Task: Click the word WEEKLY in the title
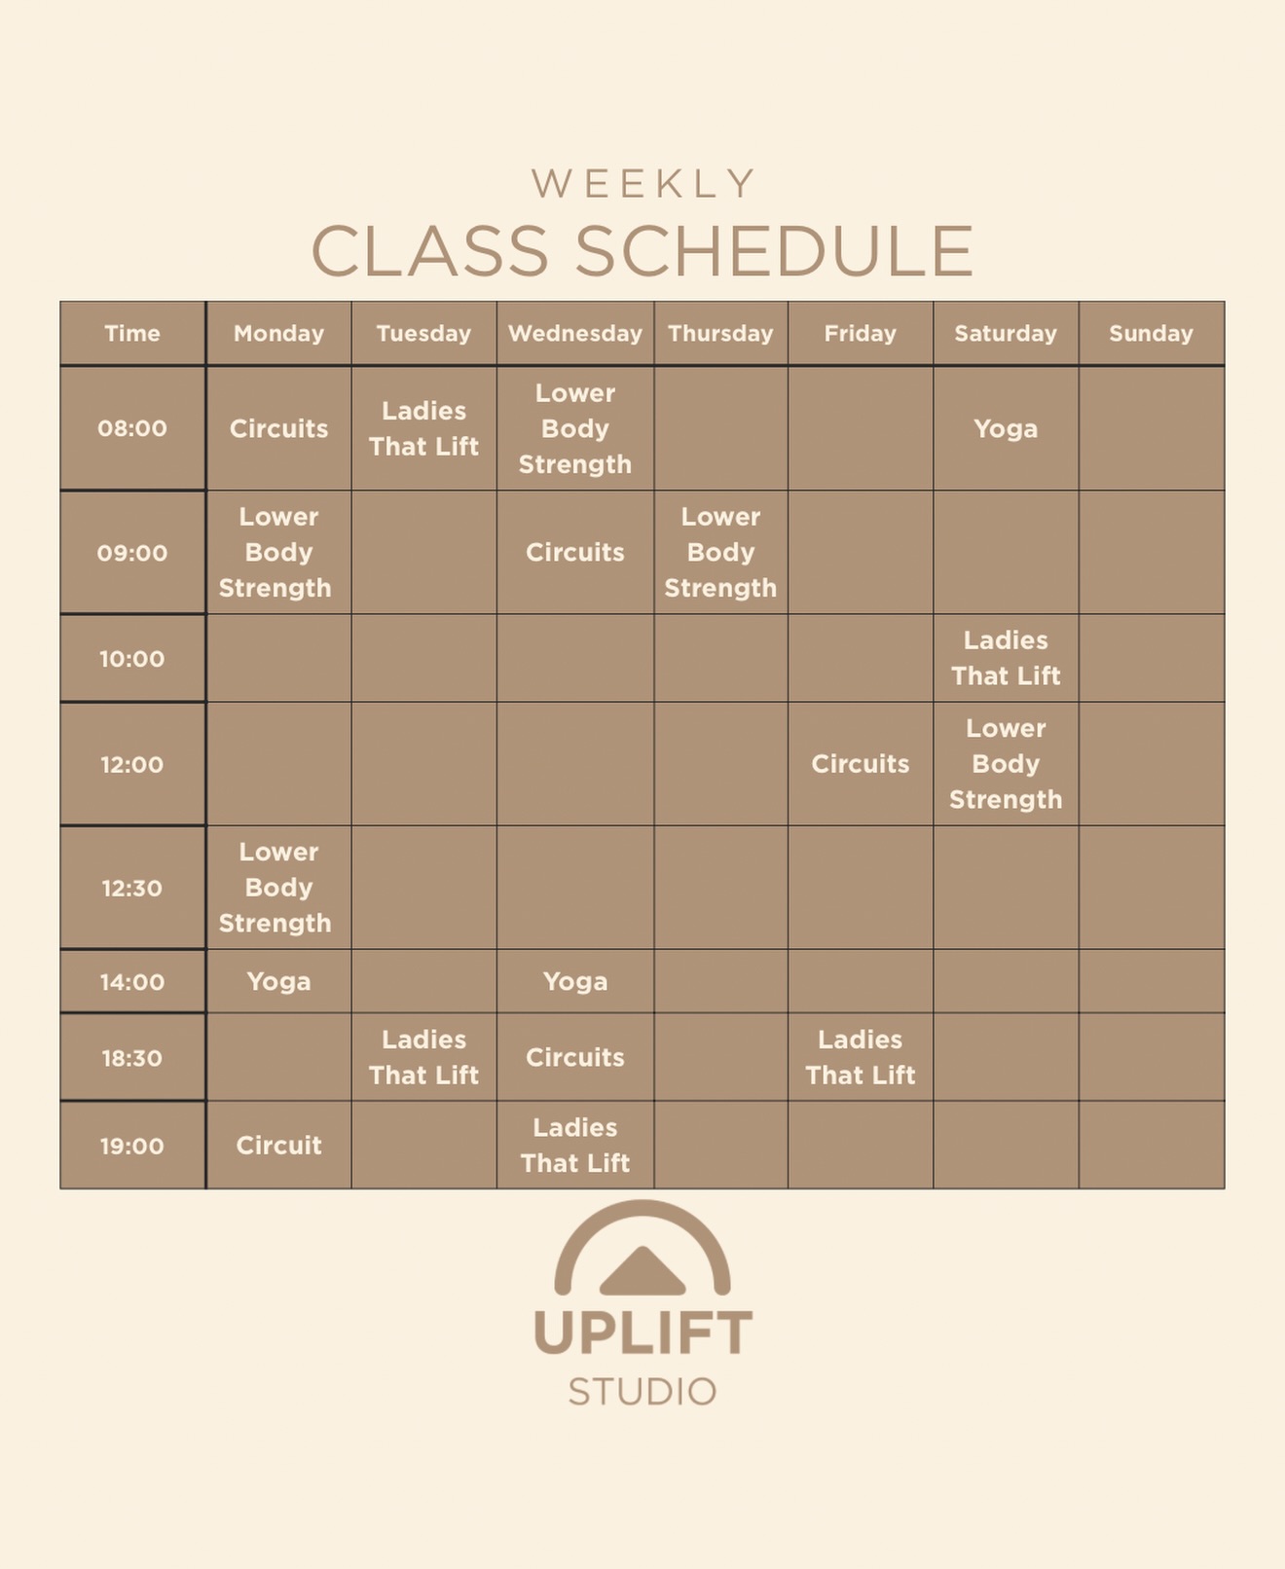coord(643,183)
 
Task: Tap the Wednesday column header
coord(574,333)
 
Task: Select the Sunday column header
coord(1151,333)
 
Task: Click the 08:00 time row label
coord(132,428)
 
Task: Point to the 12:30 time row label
coord(132,888)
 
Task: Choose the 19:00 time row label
coord(132,1146)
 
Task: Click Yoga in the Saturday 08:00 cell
coord(1006,428)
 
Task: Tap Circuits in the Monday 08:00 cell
coord(278,428)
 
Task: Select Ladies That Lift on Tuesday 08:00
coord(423,428)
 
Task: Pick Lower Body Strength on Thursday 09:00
coord(720,552)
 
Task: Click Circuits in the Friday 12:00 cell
coord(861,764)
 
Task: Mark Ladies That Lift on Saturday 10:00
coord(1006,658)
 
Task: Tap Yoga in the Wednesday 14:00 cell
coord(574,981)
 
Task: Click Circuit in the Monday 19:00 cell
coord(278,1146)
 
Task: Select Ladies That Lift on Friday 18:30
coord(861,1057)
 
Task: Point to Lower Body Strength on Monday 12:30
coord(278,888)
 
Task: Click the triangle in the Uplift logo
coord(642,1271)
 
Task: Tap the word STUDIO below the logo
coord(642,1392)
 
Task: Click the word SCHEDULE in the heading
coord(774,251)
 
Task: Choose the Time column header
coord(132,333)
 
